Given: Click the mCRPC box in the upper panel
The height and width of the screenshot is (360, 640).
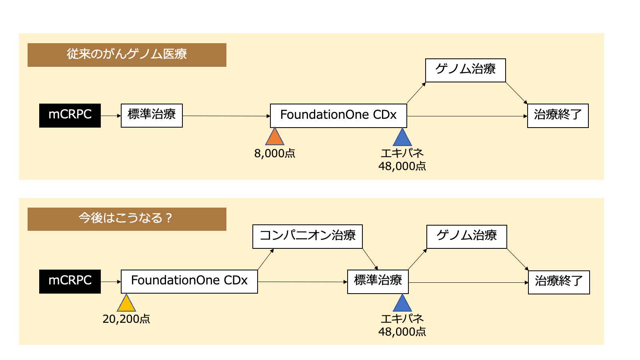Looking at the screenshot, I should [70, 116].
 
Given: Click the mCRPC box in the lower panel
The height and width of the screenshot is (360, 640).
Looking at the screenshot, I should [70, 281].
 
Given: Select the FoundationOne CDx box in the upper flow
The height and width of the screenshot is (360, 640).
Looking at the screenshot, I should [338, 116].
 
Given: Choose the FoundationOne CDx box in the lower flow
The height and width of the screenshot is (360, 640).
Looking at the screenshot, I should [189, 281].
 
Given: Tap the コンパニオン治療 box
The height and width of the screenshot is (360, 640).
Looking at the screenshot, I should [307, 236].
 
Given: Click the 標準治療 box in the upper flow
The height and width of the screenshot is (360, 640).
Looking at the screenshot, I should [152, 116].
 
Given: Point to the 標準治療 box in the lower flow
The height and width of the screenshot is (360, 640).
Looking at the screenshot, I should [378, 282].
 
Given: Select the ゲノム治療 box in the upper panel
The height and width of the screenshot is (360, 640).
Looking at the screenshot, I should [465, 70].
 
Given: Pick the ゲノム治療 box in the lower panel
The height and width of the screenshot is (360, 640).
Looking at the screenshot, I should [466, 236].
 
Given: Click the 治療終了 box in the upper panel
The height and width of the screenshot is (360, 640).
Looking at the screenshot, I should [558, 116].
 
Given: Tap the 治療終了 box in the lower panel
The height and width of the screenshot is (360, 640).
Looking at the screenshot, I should [559, 282].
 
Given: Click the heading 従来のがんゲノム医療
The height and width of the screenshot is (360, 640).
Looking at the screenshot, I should [127, 55].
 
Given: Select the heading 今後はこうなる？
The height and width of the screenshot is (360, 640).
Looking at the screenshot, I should [127, 219].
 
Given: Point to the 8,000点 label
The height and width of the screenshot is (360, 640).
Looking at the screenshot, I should [275, 154].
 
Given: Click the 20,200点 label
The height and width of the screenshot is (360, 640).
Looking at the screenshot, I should [126, 319].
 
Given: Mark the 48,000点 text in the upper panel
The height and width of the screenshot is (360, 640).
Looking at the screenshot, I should [402, 166].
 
